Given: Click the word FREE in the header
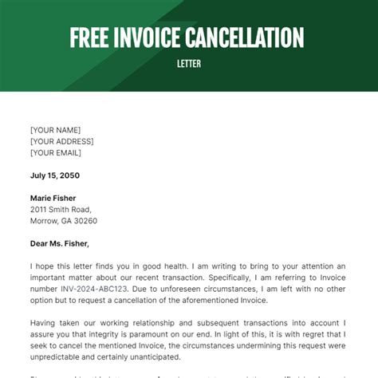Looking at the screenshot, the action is coord(89,37).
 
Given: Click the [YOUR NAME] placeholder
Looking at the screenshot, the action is coord(55,130).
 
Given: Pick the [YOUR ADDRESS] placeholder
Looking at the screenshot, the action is coord(62,141).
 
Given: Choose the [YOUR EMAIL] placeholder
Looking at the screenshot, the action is coord(57,152).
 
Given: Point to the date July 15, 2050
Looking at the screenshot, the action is coord(54,175).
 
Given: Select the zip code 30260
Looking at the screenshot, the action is coord(85,221).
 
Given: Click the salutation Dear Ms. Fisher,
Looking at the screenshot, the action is coord(60,243).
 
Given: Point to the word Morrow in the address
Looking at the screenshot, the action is coord(44,221).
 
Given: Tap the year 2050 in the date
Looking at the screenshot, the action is coord(69,175).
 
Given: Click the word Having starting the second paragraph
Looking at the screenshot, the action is coord(45,321).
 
